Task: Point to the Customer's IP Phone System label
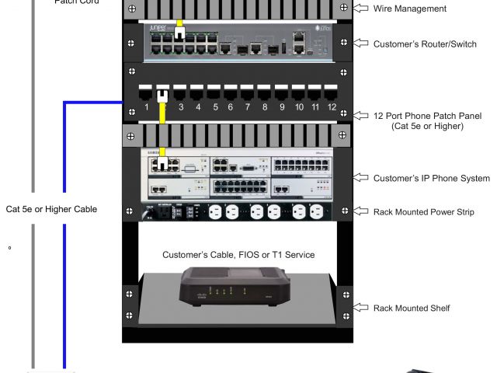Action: pos(432,178)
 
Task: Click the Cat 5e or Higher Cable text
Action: pos(51,209)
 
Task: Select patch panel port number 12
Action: pos(332,92)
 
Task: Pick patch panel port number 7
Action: pos(247,92)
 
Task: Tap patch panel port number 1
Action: pos(145,92)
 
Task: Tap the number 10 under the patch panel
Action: pos(299,107)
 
